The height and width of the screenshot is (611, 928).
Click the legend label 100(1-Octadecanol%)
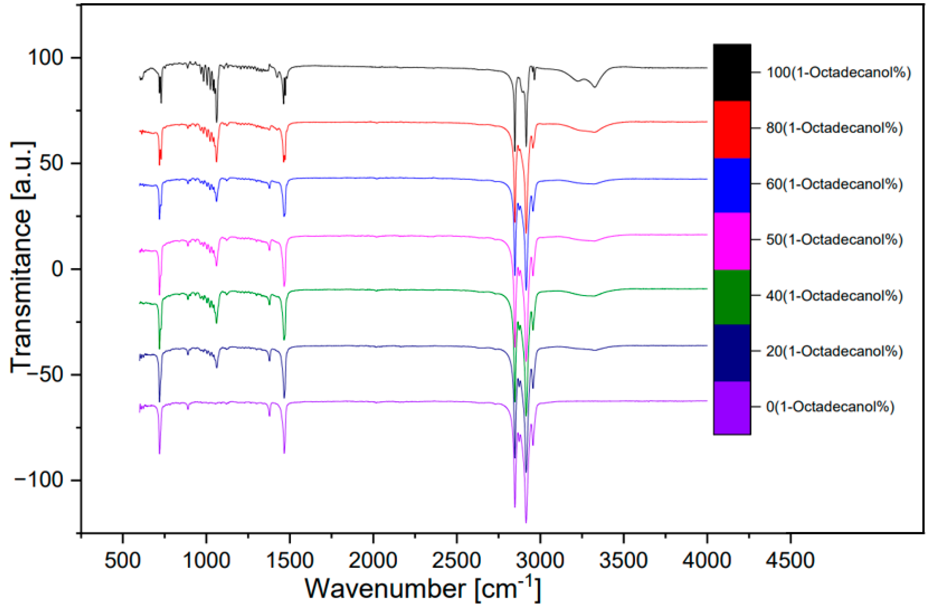pos(839,72)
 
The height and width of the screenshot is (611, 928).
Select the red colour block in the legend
pos(732,129)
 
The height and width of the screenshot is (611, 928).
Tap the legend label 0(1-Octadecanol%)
pos(830,407)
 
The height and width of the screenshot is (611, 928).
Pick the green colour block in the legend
pos(732,297)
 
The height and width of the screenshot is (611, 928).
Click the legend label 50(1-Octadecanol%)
pos(835,239)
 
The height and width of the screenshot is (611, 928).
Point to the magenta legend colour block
pos(732,241)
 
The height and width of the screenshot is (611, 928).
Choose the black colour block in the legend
pos(732,72)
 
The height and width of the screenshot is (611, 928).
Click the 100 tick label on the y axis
pos(45,58)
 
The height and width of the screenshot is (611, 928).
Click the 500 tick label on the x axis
pos(122,560)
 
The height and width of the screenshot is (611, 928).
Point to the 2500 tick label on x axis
pos(457,560)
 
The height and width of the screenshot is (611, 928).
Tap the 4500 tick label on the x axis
pos(790,560)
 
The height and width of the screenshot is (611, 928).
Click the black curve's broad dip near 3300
pos(595,86)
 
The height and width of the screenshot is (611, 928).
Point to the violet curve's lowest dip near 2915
pos(526,522)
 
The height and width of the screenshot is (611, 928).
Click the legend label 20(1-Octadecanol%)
pos(835,351)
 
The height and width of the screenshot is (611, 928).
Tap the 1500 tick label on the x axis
pos(289,560)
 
